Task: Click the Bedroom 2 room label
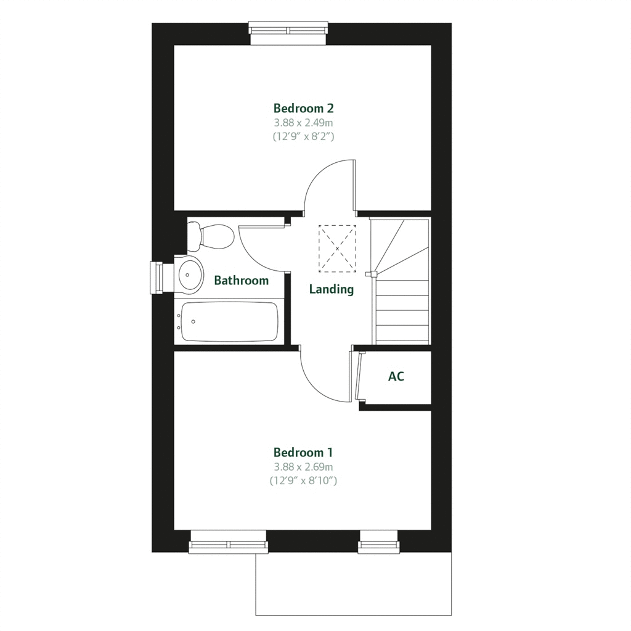[304, 109]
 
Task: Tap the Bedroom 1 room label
[304, 453]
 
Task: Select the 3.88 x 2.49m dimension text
[304, 123]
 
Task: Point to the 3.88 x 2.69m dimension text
[304, 467]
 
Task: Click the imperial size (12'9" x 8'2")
[304, 137]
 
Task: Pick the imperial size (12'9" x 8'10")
[304, 480]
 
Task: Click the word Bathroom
[241, 281]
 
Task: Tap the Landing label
[332, 289]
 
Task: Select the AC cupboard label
[396, 376]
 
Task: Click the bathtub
[227, 321]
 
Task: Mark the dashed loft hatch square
[337, 248]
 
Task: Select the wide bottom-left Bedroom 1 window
[228, 542]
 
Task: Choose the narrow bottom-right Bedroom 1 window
[379, 542]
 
